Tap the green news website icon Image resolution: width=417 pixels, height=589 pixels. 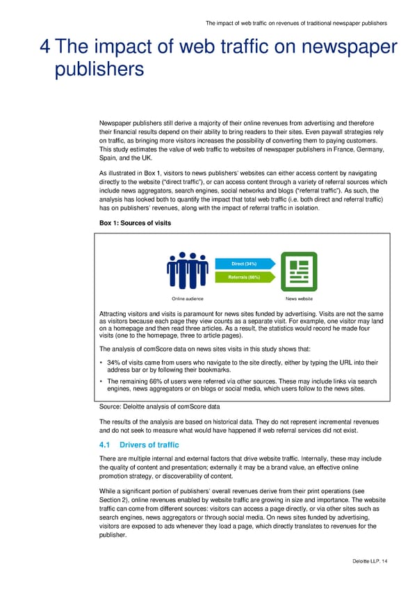pos(300,272)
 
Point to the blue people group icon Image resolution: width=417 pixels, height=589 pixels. pos(188,271)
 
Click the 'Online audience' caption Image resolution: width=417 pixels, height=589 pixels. pos(188,299)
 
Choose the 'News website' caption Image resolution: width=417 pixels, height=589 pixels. pos(300,299)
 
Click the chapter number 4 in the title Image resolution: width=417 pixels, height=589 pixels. pos(44,47)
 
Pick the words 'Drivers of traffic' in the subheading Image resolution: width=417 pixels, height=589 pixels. pos(149,445)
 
